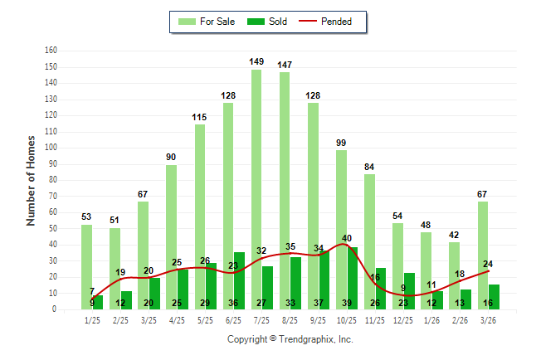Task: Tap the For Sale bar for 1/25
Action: [87, 266]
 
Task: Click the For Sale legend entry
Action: [207, 22]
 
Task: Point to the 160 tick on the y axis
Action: [51, 51]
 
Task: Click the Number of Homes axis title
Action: [32, 180]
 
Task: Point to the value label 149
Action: [256, 61]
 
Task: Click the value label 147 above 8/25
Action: [285, 65]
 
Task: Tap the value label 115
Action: [200, 117]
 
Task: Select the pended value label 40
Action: [346, 238]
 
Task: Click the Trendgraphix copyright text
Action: [290, 339]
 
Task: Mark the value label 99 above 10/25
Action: [341, 143]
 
